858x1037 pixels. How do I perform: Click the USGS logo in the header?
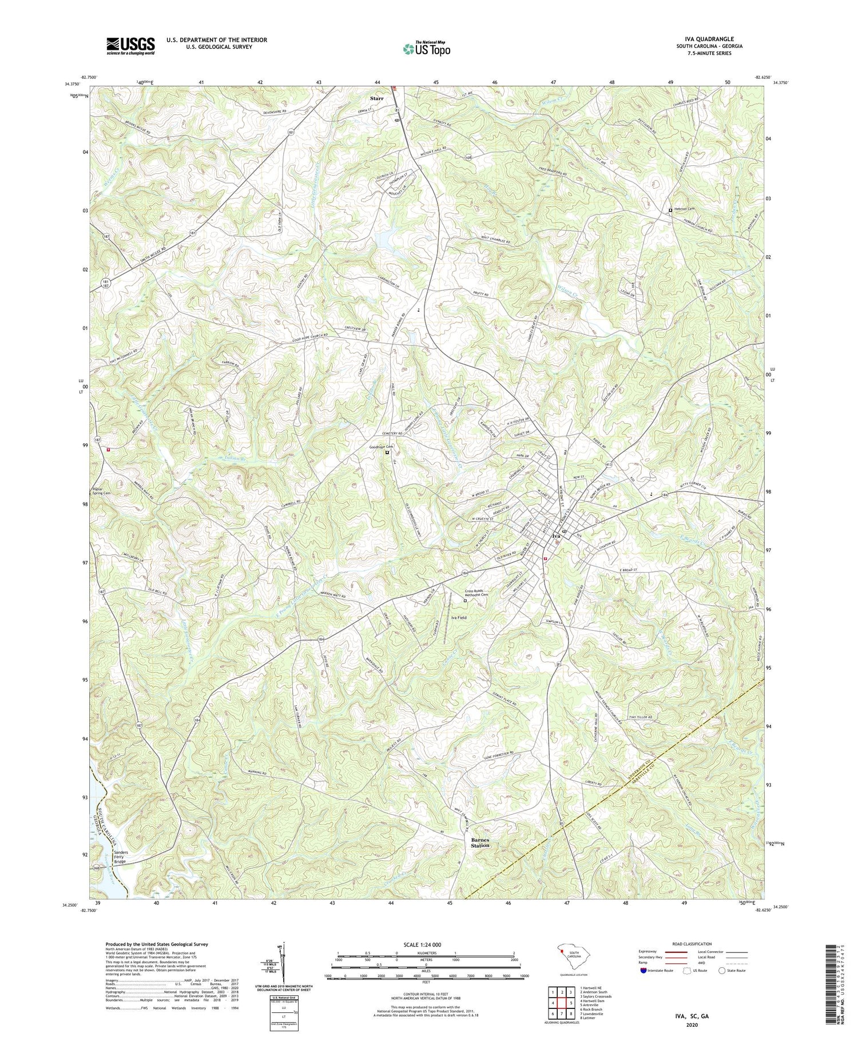click(130, 46)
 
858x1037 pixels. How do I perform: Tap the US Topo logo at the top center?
click(427, 49)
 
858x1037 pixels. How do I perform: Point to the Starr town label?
click(376, 98)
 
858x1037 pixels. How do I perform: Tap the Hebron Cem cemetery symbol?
click(670, 210)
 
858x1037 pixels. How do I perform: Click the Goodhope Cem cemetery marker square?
click(387, 452)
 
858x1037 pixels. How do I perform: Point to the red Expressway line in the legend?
click(676, 952)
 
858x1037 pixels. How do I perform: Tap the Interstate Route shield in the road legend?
click(643, 971)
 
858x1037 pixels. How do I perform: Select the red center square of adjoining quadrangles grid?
click(562, 1003)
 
